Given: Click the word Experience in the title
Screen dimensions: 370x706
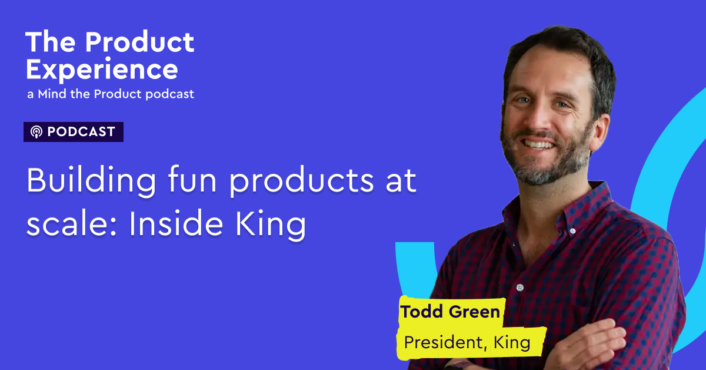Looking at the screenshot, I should (x=102, y=70).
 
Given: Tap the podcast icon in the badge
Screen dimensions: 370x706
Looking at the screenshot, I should (x=36, y=132).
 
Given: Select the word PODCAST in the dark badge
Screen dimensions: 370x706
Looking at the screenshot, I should (x=81, y=132).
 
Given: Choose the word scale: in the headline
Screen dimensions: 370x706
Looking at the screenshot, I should (x=65, y=224).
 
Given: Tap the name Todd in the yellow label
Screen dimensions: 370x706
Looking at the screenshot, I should (x=421, y=312).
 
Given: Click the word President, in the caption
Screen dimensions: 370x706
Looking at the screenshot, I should (x=443, y=342).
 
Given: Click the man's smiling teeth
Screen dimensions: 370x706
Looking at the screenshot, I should (x=541, y=143).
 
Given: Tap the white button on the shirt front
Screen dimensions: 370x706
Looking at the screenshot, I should (x=519, y=288).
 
